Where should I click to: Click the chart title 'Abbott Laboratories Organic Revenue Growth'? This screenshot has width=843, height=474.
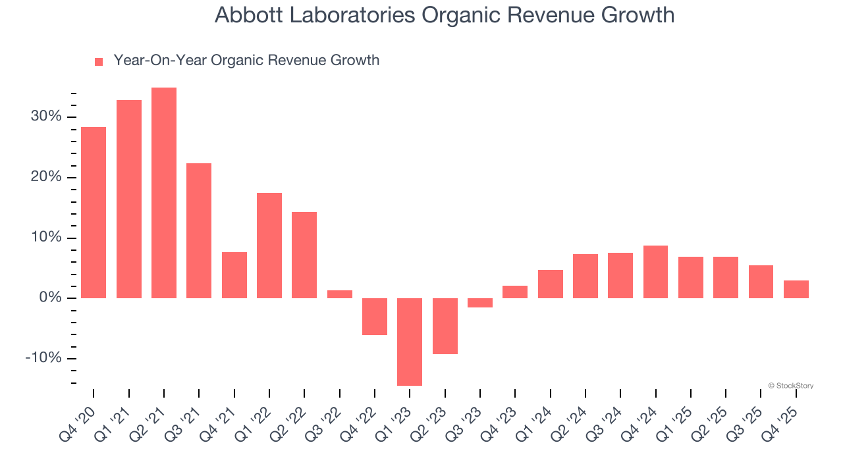(x=445, y=15)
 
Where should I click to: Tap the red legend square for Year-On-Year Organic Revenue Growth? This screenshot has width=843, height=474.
(x=99, y=61)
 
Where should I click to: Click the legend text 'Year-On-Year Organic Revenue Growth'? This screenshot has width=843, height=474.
(x=246, y=61)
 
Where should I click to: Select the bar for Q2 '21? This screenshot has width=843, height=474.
(x=164, y=193)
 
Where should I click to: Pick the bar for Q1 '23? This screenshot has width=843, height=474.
(x=410, y=342)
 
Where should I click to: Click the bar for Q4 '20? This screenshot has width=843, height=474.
(x=94, y=213)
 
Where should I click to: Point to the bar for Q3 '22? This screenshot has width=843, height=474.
(x=340, y=294)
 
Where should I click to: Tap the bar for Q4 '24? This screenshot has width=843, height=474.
(x=655, y=272)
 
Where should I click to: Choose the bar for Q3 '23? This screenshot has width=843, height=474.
(x=480, y=303)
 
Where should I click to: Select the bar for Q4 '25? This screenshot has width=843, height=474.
(x=796, y=290)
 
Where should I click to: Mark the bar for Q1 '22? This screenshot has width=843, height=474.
(x=269, y=246)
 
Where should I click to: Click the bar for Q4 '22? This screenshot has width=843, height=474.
(x=375, y=317)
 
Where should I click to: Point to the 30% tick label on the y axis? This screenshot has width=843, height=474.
(x=45, y=117)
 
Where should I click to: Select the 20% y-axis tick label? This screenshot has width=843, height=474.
(x=45, y=178)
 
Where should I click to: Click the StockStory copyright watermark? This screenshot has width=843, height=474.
(x=790, y=386)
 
